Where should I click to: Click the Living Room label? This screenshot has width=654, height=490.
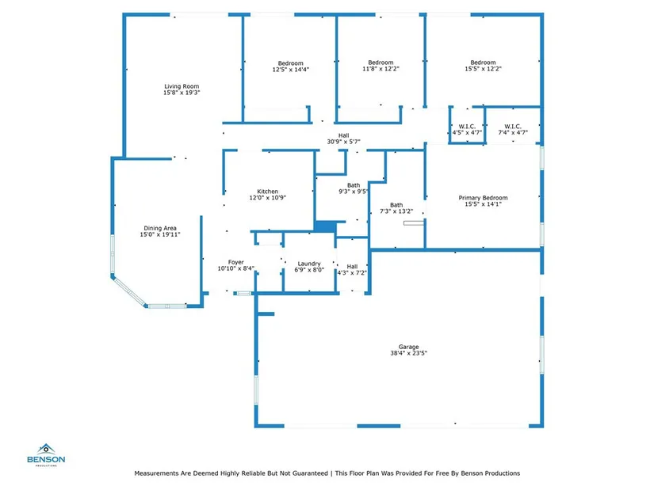[x=182, y=86]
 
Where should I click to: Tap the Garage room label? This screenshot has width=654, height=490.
[x=409, y=347]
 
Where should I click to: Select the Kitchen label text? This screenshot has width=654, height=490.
[x=267, y=192]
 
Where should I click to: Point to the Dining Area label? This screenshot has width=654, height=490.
[x=160, y=228]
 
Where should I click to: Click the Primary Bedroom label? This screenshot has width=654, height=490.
[x=483, y=198]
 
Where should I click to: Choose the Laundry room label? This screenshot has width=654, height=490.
[x=308, y=264]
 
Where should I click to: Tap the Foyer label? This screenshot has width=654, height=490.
[x=236, y=262]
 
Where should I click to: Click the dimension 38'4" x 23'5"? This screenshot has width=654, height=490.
[x=409, y=354]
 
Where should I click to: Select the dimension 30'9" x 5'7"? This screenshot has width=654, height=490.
[x=343, y=142]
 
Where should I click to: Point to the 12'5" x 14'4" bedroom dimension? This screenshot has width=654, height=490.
[x=290, y=70]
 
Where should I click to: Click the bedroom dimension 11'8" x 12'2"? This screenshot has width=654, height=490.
[x=381, y=70]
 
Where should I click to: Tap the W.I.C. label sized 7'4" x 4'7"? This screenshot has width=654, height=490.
[x=512, y=126]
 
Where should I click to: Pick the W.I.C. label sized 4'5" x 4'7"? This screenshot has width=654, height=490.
[x=466, y=126]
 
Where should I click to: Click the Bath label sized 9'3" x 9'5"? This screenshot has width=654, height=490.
[x=353, y=185]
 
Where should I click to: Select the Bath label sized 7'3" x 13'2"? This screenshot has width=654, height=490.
[x=396, y=204]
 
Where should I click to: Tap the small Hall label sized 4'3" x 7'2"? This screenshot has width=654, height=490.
[x=352, y=267]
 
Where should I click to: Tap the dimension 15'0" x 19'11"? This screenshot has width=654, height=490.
[x=160, y=234]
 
